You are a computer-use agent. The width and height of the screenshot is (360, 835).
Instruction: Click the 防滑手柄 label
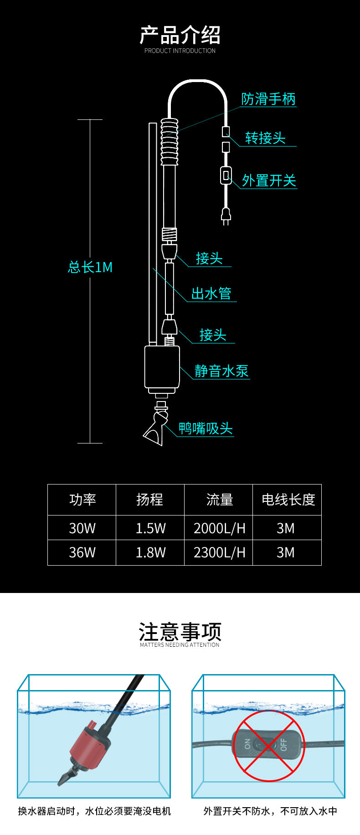268,99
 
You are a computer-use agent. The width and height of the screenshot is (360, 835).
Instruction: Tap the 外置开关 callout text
269,180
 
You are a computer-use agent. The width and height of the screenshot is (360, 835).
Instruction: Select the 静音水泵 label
222,371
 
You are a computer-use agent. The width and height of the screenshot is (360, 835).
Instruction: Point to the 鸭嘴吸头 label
206,428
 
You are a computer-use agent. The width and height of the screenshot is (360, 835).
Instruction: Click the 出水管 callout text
211,294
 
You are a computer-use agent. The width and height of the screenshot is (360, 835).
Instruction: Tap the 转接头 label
265,138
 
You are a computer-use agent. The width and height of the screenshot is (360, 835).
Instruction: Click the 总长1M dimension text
90,267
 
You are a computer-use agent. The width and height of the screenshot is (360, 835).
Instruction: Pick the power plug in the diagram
226,216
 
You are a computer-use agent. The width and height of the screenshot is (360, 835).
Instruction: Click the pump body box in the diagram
162,367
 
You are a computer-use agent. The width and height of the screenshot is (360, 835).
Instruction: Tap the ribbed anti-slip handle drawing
169,141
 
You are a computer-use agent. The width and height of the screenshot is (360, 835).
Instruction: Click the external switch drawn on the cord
226,175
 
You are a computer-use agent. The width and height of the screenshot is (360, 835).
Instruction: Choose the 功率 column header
82,500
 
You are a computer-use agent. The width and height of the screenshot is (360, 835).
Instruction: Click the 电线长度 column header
288,500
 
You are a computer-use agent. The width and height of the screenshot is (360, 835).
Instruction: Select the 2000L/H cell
220,528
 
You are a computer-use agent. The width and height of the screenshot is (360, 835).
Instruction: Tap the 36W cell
82,552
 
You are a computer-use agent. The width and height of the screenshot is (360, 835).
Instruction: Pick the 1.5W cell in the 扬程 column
151,528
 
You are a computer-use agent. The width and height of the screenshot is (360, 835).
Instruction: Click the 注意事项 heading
180,632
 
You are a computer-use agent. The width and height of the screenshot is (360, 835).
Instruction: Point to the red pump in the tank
90,747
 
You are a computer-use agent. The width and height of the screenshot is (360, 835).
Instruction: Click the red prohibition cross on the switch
268,746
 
